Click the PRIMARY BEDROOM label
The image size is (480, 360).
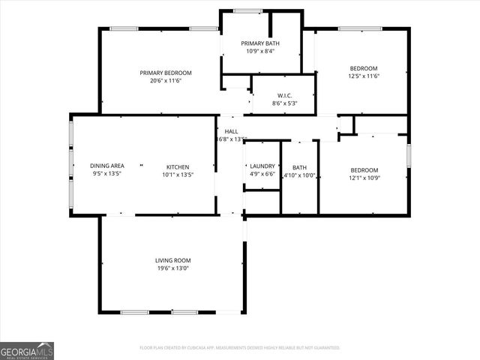click(166, 73)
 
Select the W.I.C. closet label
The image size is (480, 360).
click(284, 95)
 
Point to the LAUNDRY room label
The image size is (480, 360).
click(262, 166)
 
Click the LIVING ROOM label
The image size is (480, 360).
click(173, 260)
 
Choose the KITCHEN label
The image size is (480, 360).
click(178, 166)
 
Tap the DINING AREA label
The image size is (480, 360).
click(107, 166)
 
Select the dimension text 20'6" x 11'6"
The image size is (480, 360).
click(166, 80)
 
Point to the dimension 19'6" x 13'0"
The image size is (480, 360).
click(173, 268)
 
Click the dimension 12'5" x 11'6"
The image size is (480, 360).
click(364, 76)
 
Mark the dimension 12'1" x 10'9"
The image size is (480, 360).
click(364, 178)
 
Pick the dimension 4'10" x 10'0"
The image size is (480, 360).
click(300, 175)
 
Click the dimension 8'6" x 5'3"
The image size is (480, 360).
click(284, 103)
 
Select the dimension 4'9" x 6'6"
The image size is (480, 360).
click(262, 174)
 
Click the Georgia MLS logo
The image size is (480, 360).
click(27, 350)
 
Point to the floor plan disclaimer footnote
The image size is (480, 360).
click(240, 348)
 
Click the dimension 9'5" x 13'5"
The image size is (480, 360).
click(107, 173)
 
